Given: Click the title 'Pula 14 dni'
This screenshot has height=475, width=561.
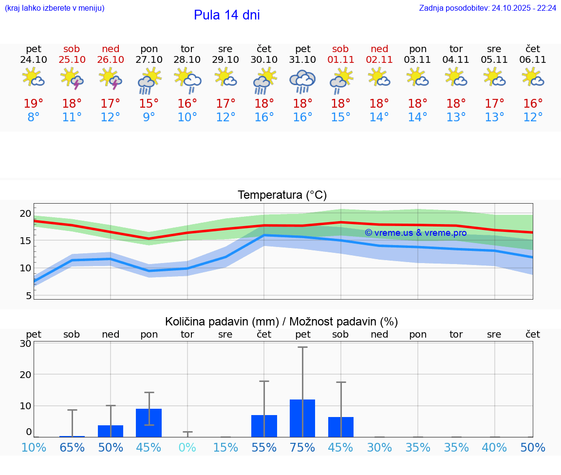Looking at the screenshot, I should point(226,15).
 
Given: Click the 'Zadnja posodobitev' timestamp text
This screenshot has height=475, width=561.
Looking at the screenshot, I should point(487,8).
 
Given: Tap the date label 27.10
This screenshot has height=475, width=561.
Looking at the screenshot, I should point(149,59).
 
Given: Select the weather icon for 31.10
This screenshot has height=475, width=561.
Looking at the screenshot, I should point(302,81).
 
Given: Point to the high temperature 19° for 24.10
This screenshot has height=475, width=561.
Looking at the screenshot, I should point(34,103).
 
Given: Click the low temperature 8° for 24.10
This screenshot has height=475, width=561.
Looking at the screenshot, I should point(34,117).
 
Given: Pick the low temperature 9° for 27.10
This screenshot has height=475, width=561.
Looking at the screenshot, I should point(149,117).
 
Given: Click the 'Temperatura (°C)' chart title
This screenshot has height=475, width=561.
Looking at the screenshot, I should point(282,195).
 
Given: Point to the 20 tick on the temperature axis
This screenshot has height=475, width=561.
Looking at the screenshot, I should point(25,213).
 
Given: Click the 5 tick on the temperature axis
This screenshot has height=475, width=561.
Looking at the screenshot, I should point(28,296).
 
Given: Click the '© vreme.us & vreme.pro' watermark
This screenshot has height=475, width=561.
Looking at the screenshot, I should point(415,233).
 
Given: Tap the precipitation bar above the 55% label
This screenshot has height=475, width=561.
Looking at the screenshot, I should point(264,426).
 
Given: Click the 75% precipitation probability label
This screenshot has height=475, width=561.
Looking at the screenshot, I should point(302,447).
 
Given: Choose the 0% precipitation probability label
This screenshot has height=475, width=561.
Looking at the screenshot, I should point(187,447).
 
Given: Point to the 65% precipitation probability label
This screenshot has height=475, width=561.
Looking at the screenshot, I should point(72,447).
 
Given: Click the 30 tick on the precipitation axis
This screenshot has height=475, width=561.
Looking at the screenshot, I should point(25,343).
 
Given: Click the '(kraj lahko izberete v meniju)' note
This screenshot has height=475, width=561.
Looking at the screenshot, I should point(55,8).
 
